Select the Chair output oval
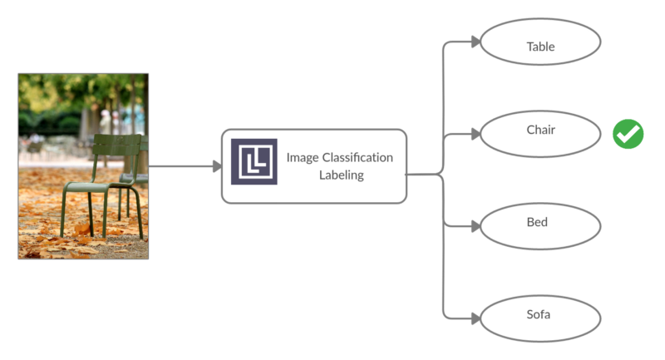[540, 131]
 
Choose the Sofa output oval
[540, 316]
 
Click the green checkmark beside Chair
[628, 134]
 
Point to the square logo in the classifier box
[254, 161]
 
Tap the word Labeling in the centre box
[341, 175]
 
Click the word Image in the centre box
[302, 157]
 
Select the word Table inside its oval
[540, 47]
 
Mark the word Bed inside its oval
[537, 223]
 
